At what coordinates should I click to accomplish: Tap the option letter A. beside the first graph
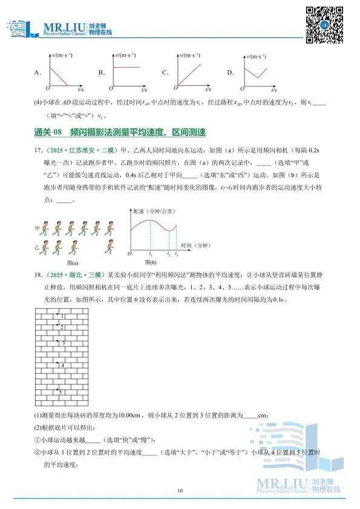point(38,73)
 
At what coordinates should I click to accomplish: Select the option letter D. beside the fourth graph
point(230,73)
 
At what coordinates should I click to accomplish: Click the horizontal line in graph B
point(127,66)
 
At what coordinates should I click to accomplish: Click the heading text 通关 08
point(48,132)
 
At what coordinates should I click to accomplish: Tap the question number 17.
point(38,149)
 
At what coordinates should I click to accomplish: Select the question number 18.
point(38,275)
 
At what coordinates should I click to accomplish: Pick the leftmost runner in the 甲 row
point(50,228)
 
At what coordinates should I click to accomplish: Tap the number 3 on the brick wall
point(62,343)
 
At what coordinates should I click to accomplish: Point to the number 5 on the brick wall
point(61,392)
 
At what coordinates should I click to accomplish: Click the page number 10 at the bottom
point(180,490)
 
